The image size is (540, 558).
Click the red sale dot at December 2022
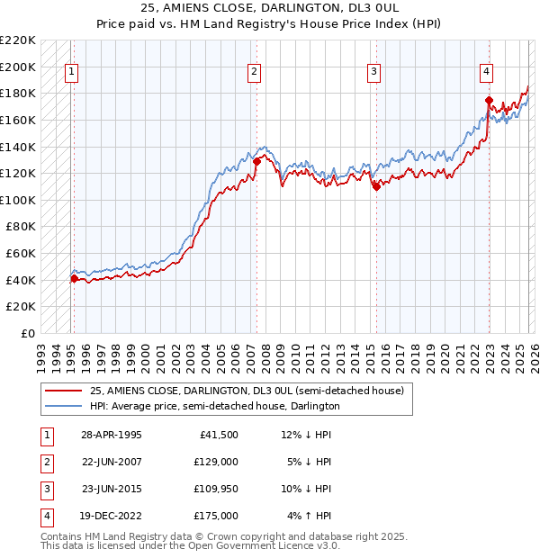488,100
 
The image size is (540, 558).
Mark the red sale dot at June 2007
256,161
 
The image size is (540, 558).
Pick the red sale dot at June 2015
376,186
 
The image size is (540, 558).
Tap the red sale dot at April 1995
74,278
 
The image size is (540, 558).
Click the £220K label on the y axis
19,40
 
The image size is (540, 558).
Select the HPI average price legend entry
214,406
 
